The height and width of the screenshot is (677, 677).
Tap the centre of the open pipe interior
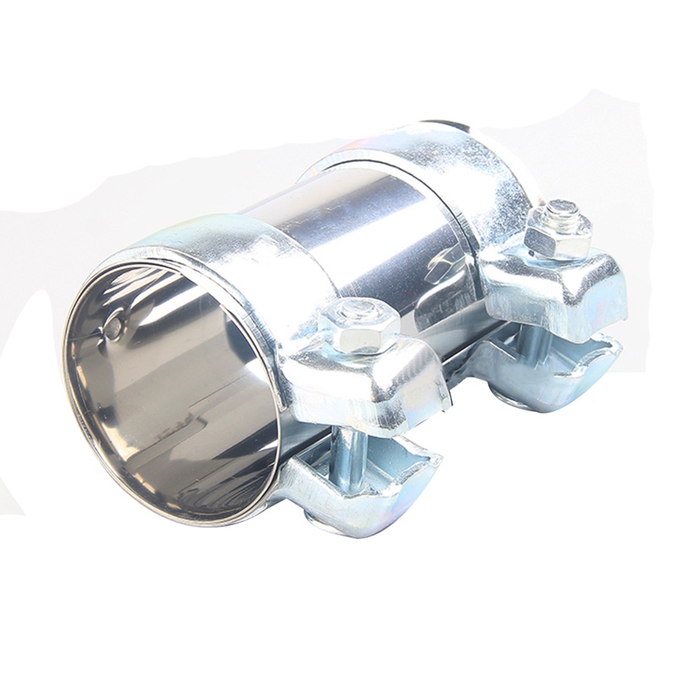(x=169, y=389)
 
